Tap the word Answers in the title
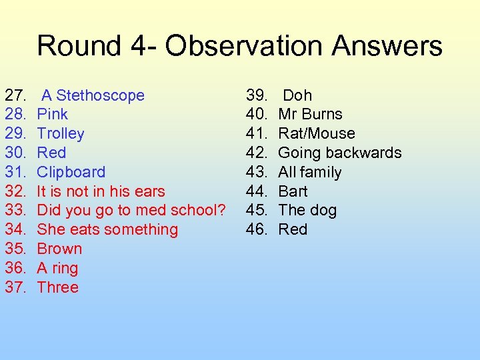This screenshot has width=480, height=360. [387, 46]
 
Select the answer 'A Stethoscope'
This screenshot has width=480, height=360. [93, 95]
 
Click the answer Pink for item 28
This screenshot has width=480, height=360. [52, 114]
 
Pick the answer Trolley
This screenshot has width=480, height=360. [61, 133]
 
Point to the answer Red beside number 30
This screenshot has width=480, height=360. [51, 153]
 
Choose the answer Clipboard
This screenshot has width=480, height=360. [71, 172]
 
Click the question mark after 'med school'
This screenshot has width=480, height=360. [221, 210]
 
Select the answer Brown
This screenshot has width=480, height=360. [59, 249]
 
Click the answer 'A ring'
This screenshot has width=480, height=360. [57, 268]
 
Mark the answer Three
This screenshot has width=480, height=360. [57, 287]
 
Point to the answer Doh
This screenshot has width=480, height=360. [297, 95]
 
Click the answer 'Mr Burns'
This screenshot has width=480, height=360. [310, 114]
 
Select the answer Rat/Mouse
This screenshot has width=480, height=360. [316, 133]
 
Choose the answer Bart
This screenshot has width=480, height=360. [293, 191]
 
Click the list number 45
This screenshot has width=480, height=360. [256, 210]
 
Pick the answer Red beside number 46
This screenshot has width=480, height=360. [293, 229]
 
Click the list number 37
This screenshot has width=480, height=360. [15, 287]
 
